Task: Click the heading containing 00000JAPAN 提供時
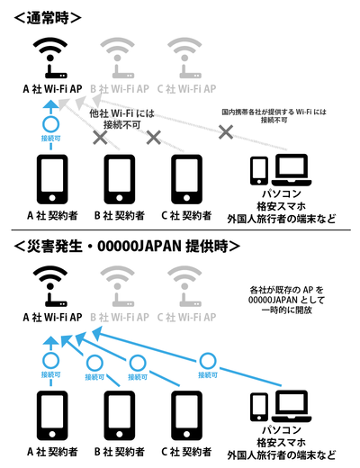126,245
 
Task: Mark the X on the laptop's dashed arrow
227,131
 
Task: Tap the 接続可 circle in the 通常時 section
51,124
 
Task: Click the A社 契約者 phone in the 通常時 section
50,179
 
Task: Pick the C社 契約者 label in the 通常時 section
186,216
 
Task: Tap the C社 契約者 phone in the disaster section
186,415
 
